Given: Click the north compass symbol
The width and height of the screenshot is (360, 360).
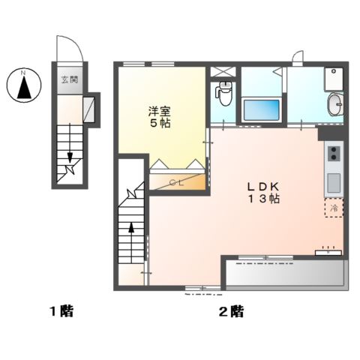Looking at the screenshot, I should pyautogui.click(x=23, y=85).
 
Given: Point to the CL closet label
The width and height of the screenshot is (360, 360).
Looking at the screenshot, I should pyautogui.click(x=177, y=181).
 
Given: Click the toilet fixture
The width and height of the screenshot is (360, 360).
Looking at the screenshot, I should pyautogui.click(x=222, y=94).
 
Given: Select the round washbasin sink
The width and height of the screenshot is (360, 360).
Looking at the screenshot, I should pyautogui.click(x=335, y=103).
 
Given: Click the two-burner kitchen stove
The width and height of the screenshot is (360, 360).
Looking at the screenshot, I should pyautogui.click(x=333, y=156).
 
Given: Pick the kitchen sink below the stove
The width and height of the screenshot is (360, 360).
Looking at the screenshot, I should pyautogui.click(x=333, y=181).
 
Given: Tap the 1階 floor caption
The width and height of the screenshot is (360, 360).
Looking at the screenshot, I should pyautogui.click(x=61, y=310).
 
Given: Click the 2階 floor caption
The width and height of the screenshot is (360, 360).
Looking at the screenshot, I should pyautogui.click(x=232, y=310).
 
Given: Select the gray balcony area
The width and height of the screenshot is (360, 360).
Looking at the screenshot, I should pyautogui.click(x=285, y=275).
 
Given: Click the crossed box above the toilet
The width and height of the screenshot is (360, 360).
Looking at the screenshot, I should pyautogui.click(x=222, y=73).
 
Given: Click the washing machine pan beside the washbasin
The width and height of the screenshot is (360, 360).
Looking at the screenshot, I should pyautogui.click(x=333, y=77).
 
